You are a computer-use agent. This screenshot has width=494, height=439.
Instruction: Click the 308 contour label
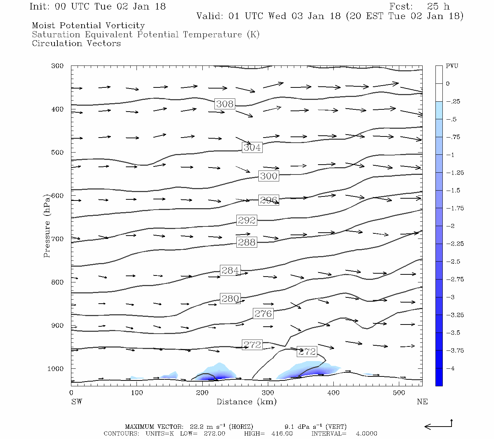tap(225, 104)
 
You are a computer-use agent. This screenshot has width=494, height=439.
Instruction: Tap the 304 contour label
tap(252, 147)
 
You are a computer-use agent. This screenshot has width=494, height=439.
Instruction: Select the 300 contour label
tap(269, 176)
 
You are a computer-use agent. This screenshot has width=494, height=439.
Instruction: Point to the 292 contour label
tap(247, 220)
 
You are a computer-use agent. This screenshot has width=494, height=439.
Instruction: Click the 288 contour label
tap(247, 242)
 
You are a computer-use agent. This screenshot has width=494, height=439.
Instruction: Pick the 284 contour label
tap(230, 270)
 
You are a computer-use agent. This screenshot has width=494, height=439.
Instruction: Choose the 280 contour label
tap(230, 299)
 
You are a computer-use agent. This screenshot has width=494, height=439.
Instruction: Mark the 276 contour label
tap(263, 314)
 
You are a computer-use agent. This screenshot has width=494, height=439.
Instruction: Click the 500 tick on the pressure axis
tap(57, 153)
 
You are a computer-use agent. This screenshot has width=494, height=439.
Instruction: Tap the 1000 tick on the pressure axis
tap(56, 369)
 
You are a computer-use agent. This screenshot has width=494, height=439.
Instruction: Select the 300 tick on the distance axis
tap(268, 393)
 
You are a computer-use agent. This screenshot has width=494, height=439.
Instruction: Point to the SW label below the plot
tap(76, 402)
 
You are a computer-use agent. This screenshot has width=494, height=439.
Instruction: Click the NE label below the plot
tap(422, 402)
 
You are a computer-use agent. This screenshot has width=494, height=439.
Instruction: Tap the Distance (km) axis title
tap(246, 402)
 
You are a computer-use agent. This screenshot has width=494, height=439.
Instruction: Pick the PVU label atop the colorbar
tap(452, 66)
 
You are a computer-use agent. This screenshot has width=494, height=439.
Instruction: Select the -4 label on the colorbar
tap(452, 368)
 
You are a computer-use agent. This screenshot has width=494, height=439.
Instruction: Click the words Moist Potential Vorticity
tap(88, 26)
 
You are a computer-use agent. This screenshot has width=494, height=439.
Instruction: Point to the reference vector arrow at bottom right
tap(438, 425)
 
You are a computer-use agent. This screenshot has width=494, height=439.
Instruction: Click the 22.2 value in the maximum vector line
tap(196, 427)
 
